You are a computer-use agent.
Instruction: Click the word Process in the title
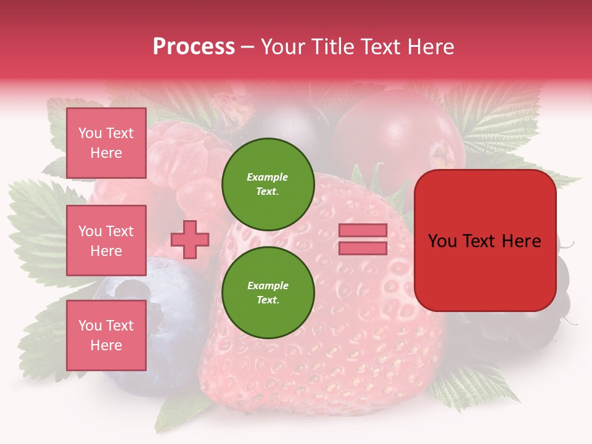coord(194,47)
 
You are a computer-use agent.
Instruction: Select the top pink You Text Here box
coord(106,143)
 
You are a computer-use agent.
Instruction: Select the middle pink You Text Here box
coord(106,240)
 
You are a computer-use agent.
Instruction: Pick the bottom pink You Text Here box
coord(106,335)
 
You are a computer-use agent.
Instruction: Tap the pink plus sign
coord(190,239)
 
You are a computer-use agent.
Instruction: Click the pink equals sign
coord(363,239)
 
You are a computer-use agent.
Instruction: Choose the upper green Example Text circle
coord(268,184)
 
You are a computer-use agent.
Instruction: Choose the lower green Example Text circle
coord(268,293)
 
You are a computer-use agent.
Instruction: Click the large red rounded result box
coord(485,240)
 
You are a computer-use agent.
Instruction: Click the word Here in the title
coord(432,47)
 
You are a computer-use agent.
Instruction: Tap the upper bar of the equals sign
coord(363,230)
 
